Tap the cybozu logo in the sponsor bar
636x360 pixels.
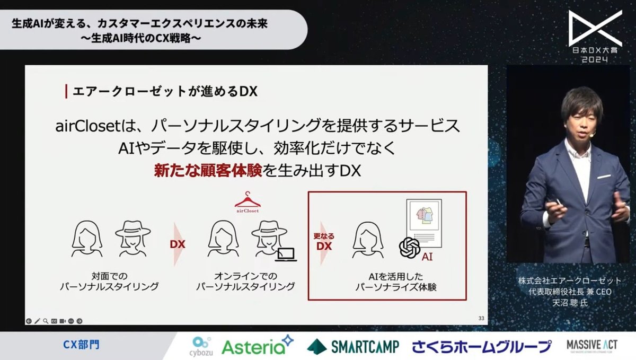200,346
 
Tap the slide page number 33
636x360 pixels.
481,318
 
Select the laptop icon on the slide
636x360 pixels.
286,256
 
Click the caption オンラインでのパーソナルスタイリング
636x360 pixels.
245,282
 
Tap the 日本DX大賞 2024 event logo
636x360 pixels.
595,37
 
